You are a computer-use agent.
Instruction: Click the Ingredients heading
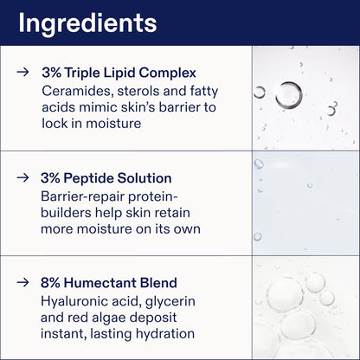[x=87, y=22]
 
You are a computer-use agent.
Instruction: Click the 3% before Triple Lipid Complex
[x=51, y=73]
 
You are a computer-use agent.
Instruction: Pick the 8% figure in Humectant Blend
[x=51, y=282]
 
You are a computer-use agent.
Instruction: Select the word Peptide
[x=91, y=177]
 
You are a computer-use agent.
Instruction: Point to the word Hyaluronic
[x=76, y=299]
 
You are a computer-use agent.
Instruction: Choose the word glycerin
[x=179, y=299]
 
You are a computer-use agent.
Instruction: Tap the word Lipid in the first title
[x=119, y=73]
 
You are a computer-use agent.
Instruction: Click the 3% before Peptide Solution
[x=51, y=177]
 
